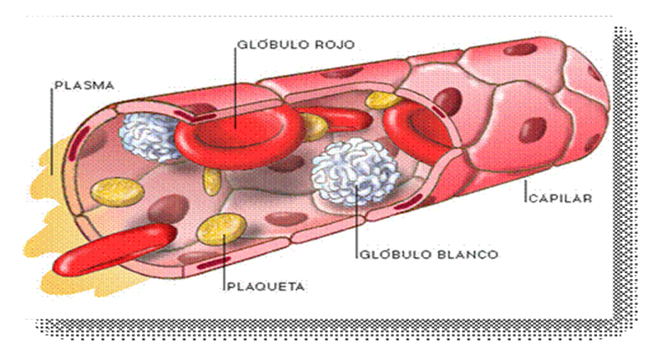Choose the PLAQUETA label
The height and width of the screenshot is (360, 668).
[x=266, y=286]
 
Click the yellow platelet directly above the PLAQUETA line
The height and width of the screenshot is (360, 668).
[x=222, y=229]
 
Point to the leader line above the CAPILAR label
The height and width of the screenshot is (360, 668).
[x=526, y=185]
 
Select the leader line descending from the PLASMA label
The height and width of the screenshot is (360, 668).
[x=52, y=125]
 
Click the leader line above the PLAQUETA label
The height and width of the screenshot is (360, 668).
[x=224, y=263]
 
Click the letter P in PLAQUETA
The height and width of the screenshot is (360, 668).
[x=231, y=286]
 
